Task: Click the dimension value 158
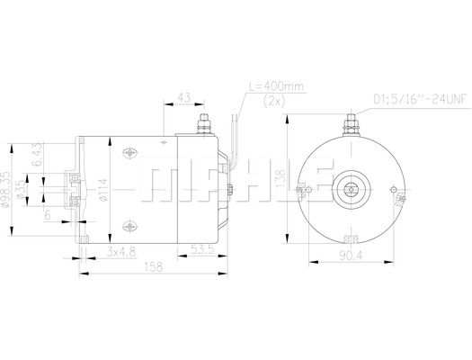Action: pos(154,267)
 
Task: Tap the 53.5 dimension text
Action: pos(202,249)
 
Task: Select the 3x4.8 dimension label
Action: pos(121,251)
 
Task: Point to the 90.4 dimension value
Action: pos(351,256)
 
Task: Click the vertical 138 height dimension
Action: pos(281,178)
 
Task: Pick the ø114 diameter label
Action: pos(103,190)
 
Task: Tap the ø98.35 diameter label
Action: pos(5,189)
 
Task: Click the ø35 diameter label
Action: pos(21,190)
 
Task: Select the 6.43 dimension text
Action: pos(37,155)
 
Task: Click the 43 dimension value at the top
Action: pos(184,97)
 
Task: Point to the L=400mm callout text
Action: pos(276,86)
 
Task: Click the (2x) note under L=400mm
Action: pos(274,101)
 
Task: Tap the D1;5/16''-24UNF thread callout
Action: pos(420,99)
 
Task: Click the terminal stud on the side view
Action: pos(204,124)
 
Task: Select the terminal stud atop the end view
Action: pos(352,125)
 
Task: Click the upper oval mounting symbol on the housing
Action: pos(129,153)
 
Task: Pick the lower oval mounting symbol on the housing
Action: pos(129,226)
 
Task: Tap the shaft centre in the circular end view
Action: pos(351,190)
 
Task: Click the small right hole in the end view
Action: pos(394,190)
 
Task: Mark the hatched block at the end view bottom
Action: pos(351,238)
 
